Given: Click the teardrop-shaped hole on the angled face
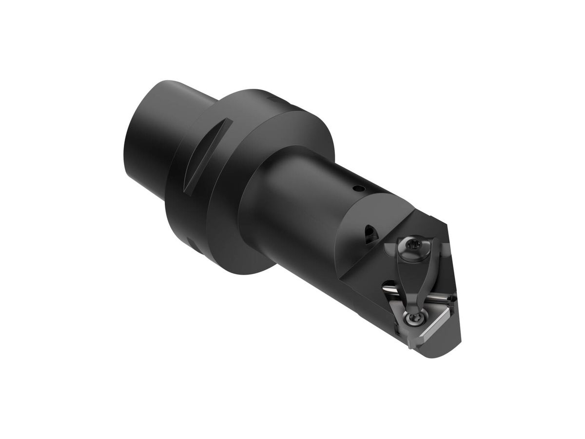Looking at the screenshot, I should pyautogui.click(x=370, y=234).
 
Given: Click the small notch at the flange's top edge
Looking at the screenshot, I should pyautogui.click(x=271, y=99).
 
